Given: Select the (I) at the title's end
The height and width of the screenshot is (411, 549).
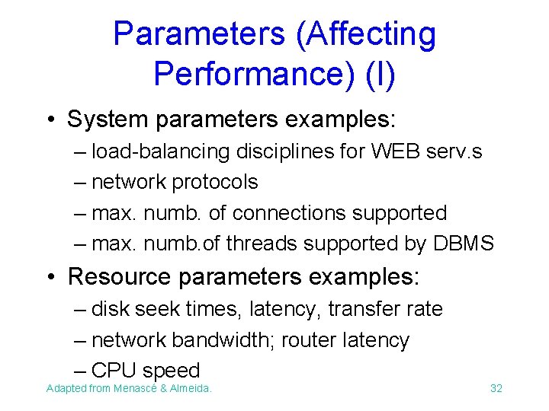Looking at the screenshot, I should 380,74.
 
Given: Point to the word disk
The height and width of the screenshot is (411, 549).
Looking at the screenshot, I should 111,309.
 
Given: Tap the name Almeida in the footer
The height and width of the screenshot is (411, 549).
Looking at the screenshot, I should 192,389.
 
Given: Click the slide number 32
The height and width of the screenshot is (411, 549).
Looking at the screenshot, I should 496,389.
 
